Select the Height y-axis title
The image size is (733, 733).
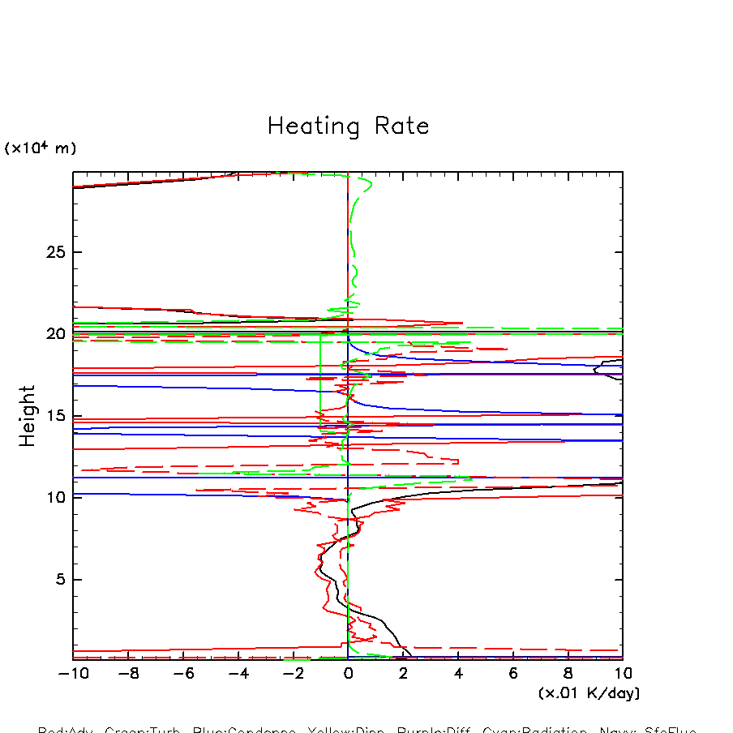click(28, 416)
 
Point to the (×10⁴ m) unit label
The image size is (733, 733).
click(41, 148)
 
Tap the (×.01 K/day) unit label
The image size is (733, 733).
click(589, 693)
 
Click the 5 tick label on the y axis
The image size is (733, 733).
click(58, 580)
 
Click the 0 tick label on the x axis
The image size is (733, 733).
click(348, 674)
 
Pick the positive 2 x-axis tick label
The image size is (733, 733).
click(403, 674)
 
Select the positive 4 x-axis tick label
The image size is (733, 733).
click(458, 674)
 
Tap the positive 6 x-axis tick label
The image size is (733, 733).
click(513, 674)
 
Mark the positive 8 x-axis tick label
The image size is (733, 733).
click(568, 674)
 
